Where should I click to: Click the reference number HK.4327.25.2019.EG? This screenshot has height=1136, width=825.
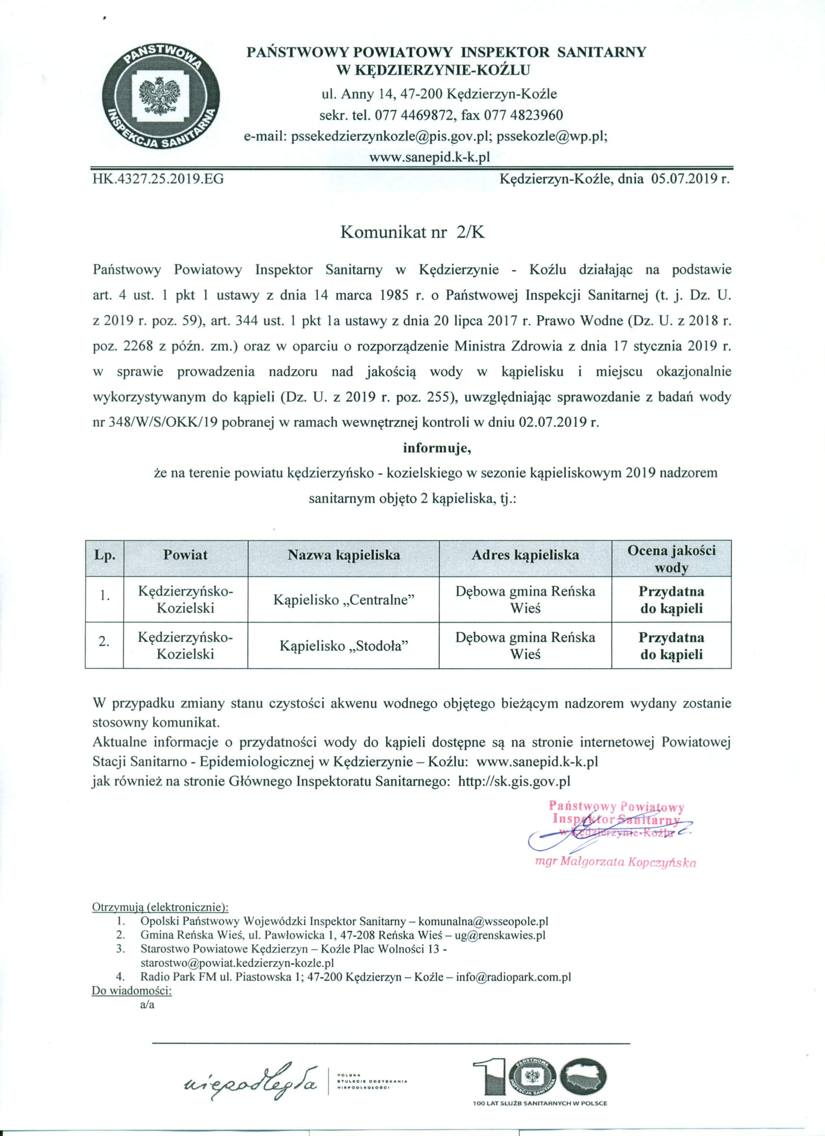[x=158, y=179]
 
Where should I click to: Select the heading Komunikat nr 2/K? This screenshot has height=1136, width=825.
[x=412, y=232]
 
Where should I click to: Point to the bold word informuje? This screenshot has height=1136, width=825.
[x=437, y=448]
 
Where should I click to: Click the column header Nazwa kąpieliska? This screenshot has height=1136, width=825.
[x=344, y=555]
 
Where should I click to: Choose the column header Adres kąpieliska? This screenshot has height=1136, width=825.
[x=525, y=555]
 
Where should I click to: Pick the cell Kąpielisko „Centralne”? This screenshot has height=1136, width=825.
[x=344, y=600]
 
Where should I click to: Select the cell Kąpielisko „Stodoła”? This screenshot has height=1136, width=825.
[x=344, y=646]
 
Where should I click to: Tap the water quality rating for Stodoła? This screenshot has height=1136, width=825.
[x=671, y=646]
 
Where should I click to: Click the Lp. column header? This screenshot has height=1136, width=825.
[x=104, y=555]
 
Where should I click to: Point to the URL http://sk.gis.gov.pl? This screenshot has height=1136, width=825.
[x=514, y=781]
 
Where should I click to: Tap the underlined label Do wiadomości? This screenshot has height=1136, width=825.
[x=132, y=990]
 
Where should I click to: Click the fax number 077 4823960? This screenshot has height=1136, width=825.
[x=523, y=115]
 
